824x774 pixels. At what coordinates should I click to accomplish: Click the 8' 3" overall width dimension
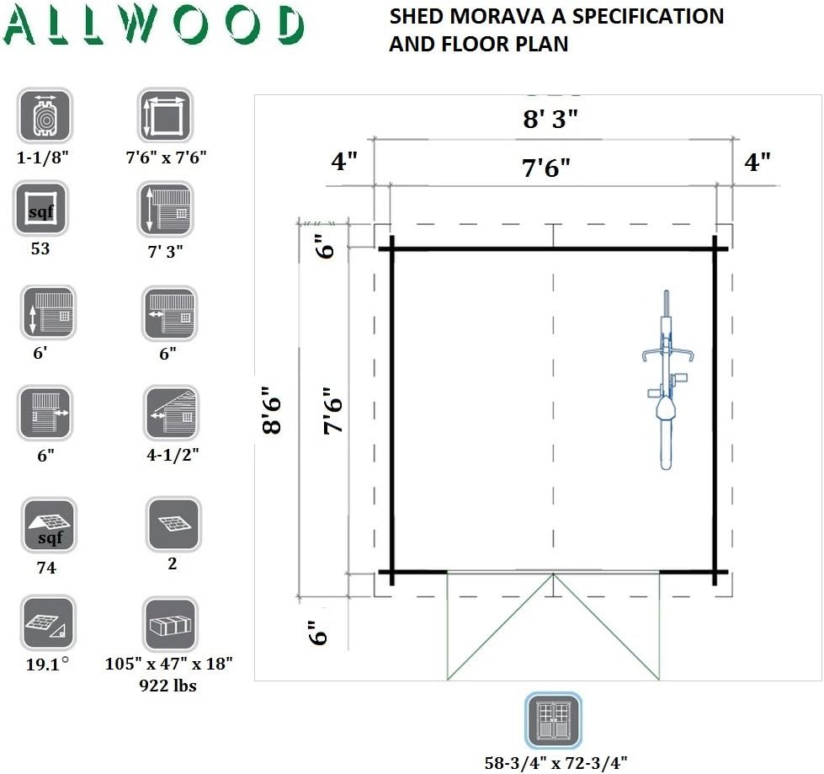point(551,119)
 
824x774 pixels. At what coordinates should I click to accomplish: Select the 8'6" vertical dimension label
point(271,410)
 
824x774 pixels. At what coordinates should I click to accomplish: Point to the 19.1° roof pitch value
point(47,662)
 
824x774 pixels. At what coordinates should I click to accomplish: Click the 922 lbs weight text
point(167,686)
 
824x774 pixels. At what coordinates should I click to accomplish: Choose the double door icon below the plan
point(553,721)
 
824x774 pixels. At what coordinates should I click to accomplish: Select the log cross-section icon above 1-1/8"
point(45,116)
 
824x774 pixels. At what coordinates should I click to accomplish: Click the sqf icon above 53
point(40,210)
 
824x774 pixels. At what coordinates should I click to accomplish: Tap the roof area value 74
point(46,568)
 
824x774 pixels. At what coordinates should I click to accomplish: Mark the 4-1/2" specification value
point(172,456)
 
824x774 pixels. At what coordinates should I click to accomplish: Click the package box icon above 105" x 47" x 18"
point(170,624)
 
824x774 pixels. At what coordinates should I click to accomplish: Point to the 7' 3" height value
point(165,250)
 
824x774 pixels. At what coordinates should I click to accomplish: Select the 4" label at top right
point(758,162)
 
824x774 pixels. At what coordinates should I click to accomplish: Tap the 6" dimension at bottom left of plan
point(316,632)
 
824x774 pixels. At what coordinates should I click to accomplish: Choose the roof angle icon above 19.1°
point(47,624)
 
